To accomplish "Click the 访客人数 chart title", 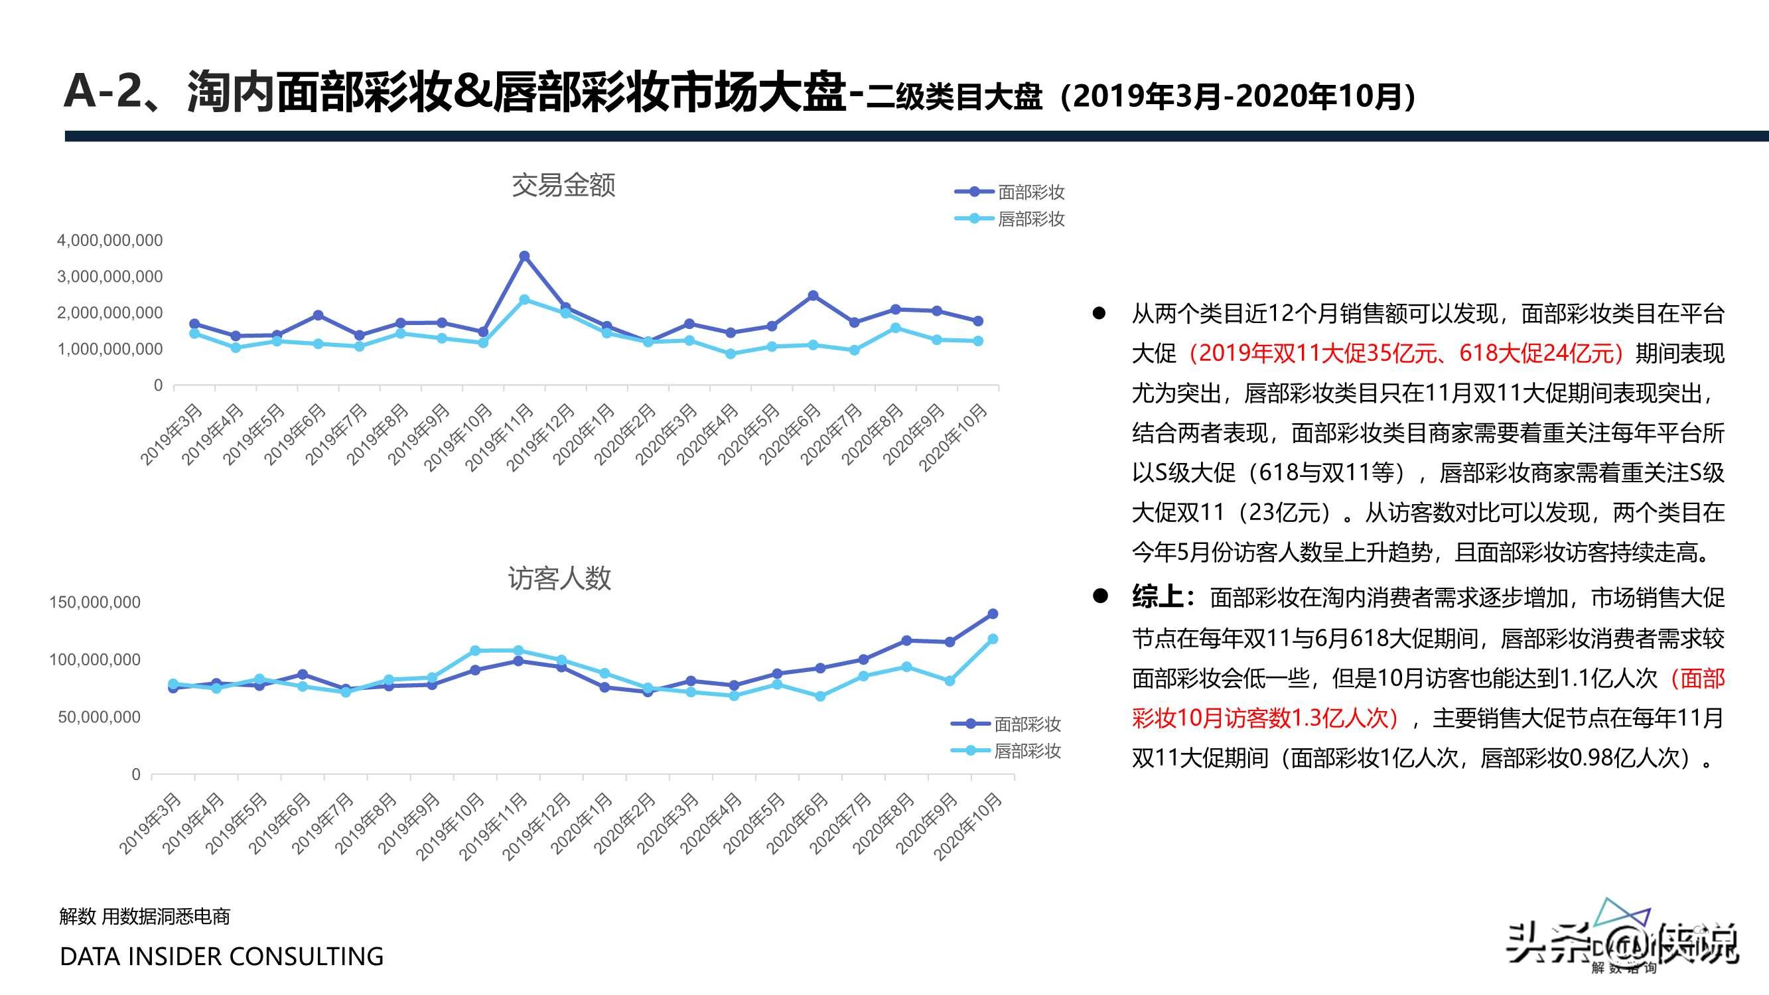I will pos(559,578).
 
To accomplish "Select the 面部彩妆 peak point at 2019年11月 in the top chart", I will pos(525,256).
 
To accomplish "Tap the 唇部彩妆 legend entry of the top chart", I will pos(1030,219).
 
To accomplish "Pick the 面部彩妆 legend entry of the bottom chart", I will pos(1026,724).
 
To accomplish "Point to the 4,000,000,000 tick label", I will pos(110,240).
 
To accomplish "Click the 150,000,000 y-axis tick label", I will pos(95,602).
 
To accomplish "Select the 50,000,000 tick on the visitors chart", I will pos(99,717).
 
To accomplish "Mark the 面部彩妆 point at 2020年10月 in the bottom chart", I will pos(992,614).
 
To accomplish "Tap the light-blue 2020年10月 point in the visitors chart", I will pos(992,639).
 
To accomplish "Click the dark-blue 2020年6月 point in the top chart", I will pos(813,296).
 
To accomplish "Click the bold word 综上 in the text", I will pos(1157,598).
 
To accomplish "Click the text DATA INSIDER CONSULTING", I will pos(222,957).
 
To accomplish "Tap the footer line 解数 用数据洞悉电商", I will pos(145,916).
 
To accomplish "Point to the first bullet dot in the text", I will pos(1099,314).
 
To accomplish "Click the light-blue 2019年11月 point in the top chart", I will pos(525,300).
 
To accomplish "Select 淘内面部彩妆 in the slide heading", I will pos(318,92).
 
